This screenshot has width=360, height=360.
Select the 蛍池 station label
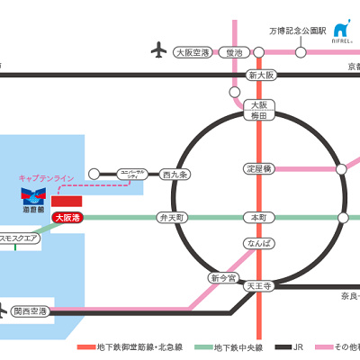point(236,52)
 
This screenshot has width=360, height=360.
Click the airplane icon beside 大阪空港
point(160,50)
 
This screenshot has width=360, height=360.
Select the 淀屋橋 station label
point(259,168)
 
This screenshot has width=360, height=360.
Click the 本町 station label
point(259,218)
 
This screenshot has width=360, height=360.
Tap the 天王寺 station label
point(259,285)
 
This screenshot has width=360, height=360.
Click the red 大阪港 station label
point(67,218)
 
